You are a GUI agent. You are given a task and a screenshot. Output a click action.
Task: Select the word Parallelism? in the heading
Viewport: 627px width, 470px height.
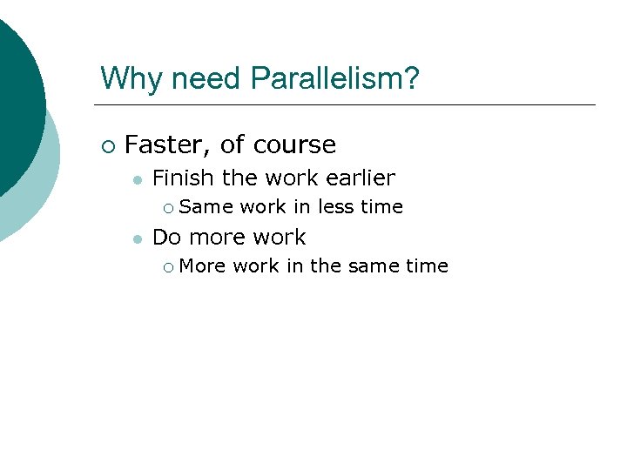click(334, 78)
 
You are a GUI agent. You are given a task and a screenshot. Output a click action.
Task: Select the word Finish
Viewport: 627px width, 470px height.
click(183, 178)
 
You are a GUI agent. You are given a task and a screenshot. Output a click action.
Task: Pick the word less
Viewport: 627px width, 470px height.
click(335, 207)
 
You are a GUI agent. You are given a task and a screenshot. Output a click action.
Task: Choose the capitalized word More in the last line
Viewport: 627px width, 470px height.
click(203, 266)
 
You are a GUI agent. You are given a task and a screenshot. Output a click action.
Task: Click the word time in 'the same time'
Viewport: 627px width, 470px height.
click(426, 266)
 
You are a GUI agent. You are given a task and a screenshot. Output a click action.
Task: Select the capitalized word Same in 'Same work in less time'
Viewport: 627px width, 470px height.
click(206, 207)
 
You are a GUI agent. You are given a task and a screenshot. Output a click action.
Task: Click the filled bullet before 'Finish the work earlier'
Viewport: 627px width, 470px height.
click(136, 179)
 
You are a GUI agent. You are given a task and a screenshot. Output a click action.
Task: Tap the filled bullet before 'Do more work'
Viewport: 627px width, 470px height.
click(136, 238)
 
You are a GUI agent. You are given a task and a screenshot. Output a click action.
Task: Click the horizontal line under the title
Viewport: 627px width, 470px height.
click(348, 105)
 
